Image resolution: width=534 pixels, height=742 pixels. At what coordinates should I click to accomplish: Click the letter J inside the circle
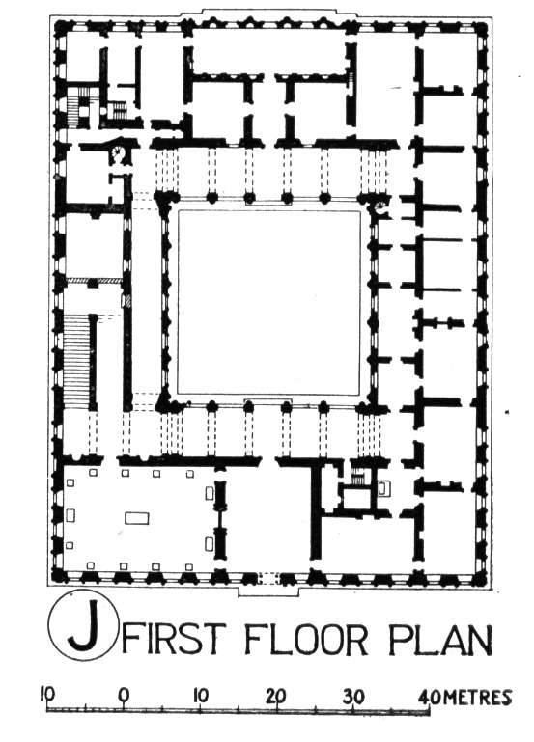(x=85, y=625)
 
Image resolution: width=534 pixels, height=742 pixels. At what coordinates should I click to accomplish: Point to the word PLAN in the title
(x=439, y=639)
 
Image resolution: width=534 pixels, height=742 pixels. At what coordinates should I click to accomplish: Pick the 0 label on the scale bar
(x=123, y=695)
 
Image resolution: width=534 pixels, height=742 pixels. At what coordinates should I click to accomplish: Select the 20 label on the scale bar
(x=276, y=695)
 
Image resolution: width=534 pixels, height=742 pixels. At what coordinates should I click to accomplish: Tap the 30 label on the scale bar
(x=352, y=696)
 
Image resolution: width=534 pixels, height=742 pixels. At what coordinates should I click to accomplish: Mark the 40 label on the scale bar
(x=430, y=697)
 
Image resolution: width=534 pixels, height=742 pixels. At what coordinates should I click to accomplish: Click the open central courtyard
(x=268, y=303)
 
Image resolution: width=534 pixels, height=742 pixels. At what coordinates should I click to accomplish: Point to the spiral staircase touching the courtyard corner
(x=381, y=207)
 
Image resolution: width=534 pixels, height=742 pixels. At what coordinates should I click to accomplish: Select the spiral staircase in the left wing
(x=117, y=152)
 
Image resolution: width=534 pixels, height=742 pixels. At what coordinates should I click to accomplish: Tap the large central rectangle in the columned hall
(x=137, y=518)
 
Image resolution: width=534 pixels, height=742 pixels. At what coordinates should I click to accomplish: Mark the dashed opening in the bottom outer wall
(x=268, y=578)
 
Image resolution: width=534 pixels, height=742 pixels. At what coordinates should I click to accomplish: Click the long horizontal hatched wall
(x=95, y=281)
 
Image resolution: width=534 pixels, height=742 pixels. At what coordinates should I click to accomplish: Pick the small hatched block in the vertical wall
(x=127, y=301)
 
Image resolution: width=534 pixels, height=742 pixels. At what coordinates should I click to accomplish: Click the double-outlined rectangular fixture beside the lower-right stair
(x=383, y=488)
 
